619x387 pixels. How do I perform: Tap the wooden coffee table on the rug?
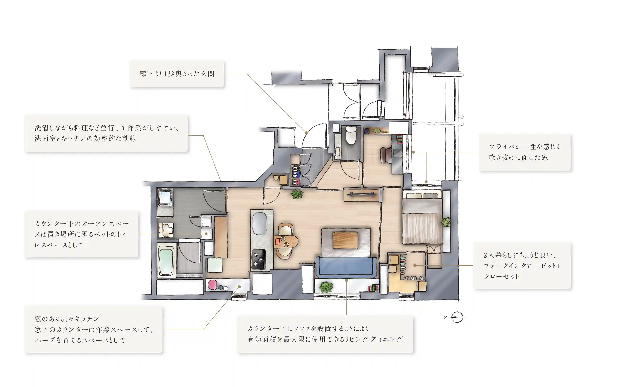(x=345, y=240)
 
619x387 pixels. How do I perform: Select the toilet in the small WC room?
(x=351, y=135)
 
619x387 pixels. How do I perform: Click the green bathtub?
(x=166, y=260)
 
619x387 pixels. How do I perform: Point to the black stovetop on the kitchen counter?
(x=258, y=259)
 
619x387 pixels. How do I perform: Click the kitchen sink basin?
(x=260, y=223)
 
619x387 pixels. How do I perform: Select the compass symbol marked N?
(x=457, y=317)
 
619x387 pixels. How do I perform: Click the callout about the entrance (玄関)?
(x=177, y=74)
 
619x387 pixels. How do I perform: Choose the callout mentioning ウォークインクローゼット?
(x=522, y=266)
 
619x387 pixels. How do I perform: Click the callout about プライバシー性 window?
(x=525, y=152)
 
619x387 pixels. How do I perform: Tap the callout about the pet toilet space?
(x=81, y=234)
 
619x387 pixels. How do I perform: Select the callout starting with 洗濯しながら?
(x=106, y=133)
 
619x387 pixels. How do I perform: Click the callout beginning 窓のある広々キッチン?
(x=94, y=329)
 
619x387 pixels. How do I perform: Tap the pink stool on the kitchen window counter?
(x=213, y=285)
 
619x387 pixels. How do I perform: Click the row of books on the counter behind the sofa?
(x=373, y=288)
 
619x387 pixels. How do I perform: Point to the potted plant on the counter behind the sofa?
(x=326, y=287)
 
